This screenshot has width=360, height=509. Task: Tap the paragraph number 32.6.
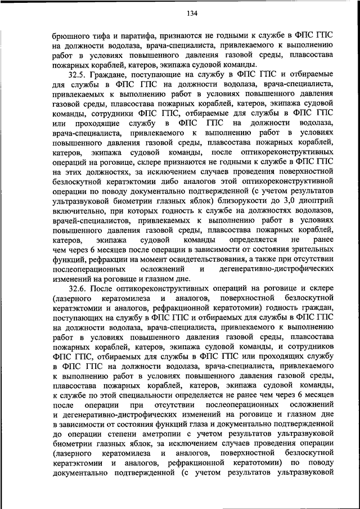click(x=77, y=289)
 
